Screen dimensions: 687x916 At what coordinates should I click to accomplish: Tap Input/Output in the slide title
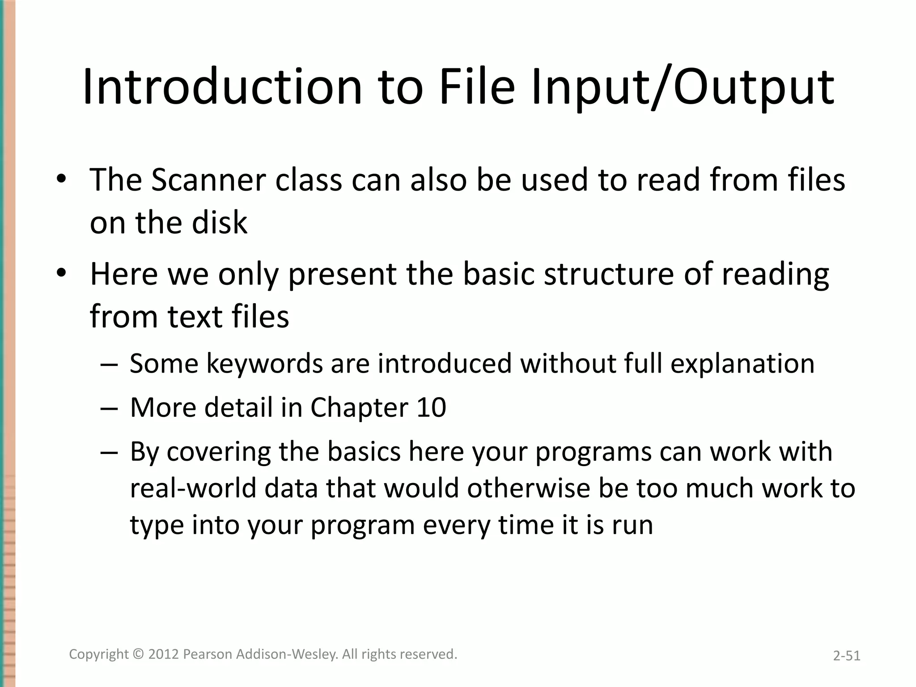682,87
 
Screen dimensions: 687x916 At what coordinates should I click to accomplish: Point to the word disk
219,223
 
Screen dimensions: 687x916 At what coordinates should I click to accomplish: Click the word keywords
264,363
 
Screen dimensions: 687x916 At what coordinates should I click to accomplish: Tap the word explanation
742,364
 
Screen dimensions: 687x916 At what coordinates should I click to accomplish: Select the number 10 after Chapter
431,407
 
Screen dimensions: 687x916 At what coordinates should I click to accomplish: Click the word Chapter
359,407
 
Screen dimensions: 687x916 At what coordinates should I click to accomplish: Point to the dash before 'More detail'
109,408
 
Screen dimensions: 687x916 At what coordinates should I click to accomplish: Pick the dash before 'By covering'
109,452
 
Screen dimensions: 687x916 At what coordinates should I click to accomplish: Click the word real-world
193,488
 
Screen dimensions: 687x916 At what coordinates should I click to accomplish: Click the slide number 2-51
846,656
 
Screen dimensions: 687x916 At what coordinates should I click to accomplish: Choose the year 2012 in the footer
164,654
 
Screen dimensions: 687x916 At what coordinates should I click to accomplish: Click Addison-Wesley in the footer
287,654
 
